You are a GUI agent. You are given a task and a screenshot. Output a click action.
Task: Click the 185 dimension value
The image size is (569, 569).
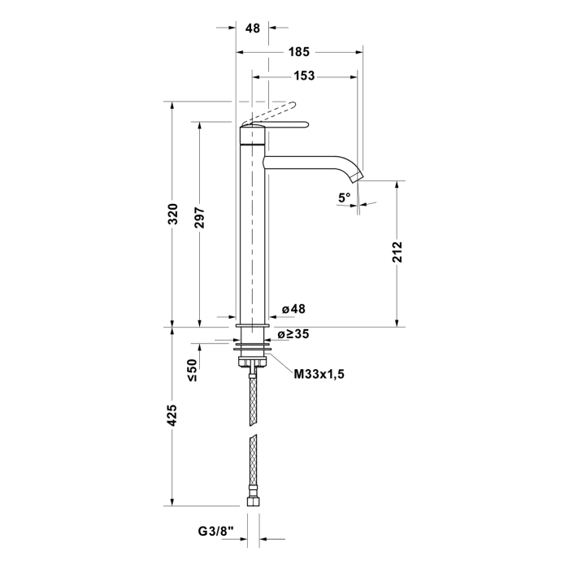pyautogui.click(x=298, y=52)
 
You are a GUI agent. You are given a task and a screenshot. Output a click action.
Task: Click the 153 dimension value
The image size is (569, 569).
pyautogui.click(x=303, y=76)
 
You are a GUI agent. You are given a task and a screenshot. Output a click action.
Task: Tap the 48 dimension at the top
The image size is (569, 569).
pyautogui.click(x=252, y=28)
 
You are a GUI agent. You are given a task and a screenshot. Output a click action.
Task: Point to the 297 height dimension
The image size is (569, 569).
pyautogui.click(x=200, y=218)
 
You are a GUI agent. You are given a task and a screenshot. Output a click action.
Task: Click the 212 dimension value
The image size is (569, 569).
pyautogui.click(x=397, y=252)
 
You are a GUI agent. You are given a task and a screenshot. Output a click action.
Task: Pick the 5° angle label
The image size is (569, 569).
pyautogui.click(x=345, y=197)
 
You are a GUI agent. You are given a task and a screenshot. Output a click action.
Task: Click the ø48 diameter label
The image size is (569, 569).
pyautogui.click(x=293, y=310)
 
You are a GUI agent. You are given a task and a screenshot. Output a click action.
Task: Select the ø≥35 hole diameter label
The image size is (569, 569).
pyautogui.click(x=293, y=333)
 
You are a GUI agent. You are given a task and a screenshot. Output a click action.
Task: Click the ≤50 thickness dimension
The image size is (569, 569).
pyautogui.click(x=193, y=370)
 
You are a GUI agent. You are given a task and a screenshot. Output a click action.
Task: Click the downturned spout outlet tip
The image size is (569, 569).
pyautogui.click(x=358, y=176)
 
